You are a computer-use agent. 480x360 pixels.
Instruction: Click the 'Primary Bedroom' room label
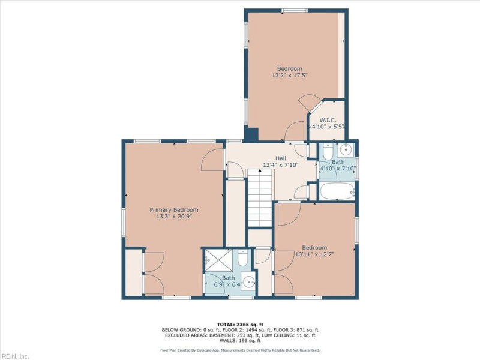[x=173, y=209]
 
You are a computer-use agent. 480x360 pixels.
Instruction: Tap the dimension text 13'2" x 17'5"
[x=290, y=76]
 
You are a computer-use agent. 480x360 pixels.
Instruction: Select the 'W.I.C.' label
[x=327, y=119]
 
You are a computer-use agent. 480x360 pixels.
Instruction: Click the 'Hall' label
[x=280, y=158]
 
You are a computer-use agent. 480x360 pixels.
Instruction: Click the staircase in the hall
[x=260, y=198]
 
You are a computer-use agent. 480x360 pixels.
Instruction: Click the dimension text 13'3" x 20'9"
[x=173, y=217]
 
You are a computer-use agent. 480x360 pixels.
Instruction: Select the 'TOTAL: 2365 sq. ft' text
[x=239, y=324]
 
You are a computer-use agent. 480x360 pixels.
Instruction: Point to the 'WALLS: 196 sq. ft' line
[x=239, y=340]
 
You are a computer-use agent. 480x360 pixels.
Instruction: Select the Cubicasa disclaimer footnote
[x=239, y=350]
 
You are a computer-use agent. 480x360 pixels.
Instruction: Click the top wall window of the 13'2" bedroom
[x=291, y=10]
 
